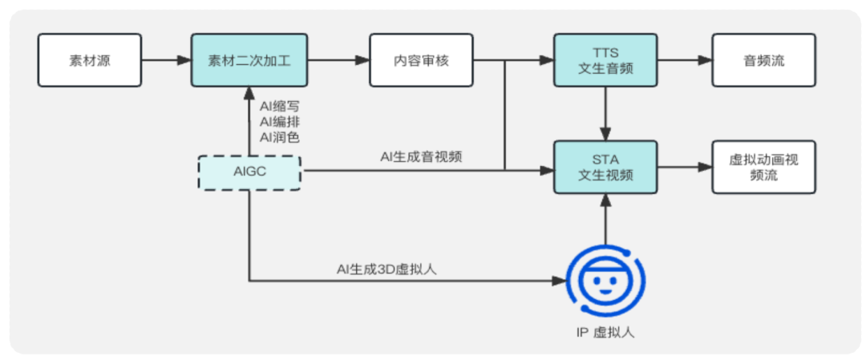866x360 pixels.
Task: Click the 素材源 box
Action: pyautogui.click(x=90, y=60)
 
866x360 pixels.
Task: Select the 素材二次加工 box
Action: pyautogui.click(x=249, y=60)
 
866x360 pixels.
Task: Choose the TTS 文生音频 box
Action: pyautogui.click(x=605, y=60)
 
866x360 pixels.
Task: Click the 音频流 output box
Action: pyautogui.click(x=763, y=60)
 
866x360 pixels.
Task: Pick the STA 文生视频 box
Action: pyautogui.click(x=605, y=167)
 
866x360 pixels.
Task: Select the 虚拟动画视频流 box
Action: pyautogui.click(x=763, y=167)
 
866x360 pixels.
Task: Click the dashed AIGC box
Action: pyautogui.click(x=249, y=172)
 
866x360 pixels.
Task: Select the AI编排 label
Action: pyautogui.click(x=279, y=121)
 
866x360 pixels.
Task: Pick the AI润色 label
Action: pyautogui.click(x=279, y=137)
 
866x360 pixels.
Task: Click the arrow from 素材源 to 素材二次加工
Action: pyautogui.click(x=166, y=60)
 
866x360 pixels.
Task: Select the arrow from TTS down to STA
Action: pyautogui.click(x=605, y=113)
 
